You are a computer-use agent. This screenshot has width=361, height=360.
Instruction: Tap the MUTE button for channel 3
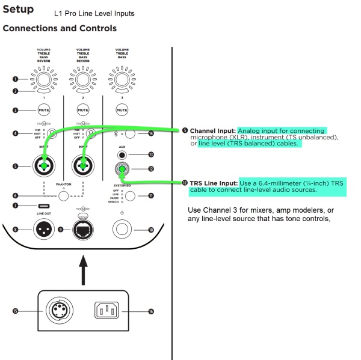pyautogui.click(x=122, y=110)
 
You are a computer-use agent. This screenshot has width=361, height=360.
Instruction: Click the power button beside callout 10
pyautogui.click(x=122, y=229)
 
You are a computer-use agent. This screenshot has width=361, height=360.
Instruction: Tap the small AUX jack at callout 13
pyautogui.click(x=122, y=154)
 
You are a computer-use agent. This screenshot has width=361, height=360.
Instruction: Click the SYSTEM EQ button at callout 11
pyautogui.click(x=128, y=195)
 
